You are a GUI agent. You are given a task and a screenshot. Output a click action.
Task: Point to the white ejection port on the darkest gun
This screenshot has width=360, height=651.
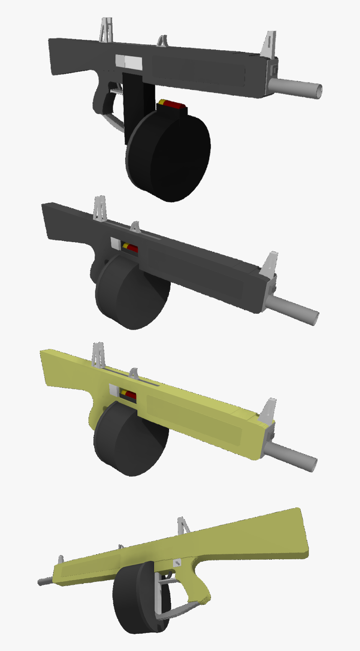pos(129,62)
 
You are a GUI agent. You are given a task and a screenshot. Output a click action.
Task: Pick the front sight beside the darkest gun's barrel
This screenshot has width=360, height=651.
pos(269,45)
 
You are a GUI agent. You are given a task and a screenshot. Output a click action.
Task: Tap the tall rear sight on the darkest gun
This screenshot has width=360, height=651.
pos(105,31)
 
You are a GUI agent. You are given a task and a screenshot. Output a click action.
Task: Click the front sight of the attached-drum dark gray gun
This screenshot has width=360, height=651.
pos(270,264)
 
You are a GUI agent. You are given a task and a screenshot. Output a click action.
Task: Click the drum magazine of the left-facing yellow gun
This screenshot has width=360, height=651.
pos(136,599)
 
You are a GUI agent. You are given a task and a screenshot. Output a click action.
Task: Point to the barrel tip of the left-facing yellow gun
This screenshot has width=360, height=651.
pos(41,582)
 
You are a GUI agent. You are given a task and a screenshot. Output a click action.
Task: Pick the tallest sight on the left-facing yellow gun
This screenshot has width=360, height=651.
pos(183,526)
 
